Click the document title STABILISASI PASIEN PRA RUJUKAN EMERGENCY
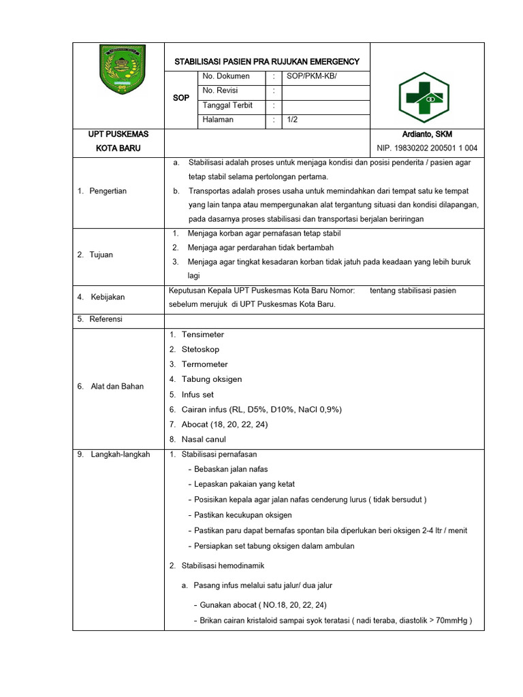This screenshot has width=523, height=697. tap(267, 62)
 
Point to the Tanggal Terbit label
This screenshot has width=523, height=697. tap(227, 105)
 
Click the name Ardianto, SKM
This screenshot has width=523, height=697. tap(427, 134)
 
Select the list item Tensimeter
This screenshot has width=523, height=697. tap(202, 334)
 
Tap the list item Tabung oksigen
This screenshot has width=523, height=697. tap(211, 379)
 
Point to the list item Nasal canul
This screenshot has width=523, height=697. tap(204, 439)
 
